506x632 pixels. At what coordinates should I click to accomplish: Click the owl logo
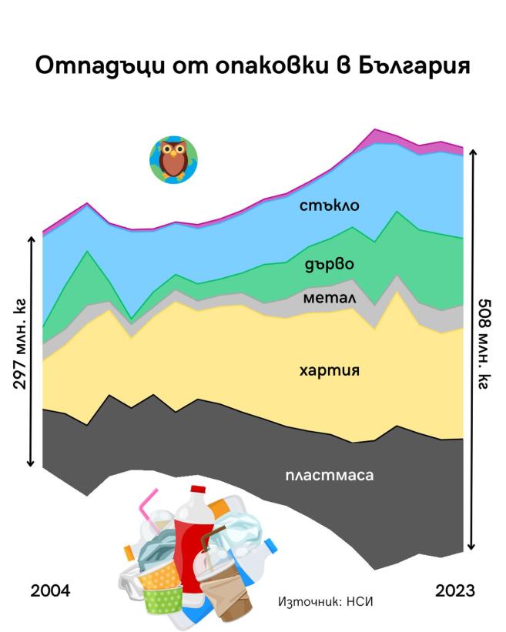point(173,159)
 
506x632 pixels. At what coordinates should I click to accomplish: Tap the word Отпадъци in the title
point(93,66)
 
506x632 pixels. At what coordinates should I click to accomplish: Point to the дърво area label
point(329,264)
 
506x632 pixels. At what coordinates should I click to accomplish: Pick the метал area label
point(329,297)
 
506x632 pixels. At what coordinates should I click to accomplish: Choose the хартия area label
point(330,370)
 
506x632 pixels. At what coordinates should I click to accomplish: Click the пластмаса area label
point(329,475)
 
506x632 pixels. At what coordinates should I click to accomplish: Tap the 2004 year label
point(50,591)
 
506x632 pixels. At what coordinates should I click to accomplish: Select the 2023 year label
point(454,591)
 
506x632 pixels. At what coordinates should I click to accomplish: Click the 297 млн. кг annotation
point(21,350)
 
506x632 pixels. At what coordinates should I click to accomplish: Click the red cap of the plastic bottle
point(198,490)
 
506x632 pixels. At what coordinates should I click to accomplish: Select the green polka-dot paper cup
point(163,600)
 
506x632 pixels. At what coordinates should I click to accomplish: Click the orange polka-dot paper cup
point(158,573)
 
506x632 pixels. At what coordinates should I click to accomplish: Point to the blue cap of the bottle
point(270,546)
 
